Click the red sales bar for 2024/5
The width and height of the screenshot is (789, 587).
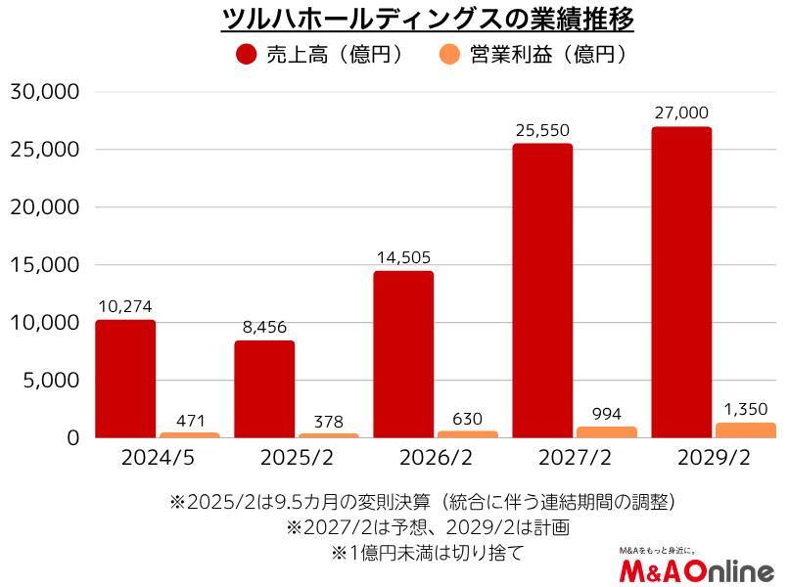tap(125, 379)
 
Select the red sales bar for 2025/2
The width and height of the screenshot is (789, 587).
tap(264, 388)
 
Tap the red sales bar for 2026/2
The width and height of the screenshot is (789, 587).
tap(403, 354)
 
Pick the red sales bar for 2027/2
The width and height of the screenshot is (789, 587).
tap(542, 291)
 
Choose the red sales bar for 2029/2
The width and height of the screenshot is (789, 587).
tap(681, 282)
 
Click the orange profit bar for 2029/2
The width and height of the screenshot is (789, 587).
tap(747, 430)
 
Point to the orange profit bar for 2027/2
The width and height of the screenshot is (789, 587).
tap(607, 432)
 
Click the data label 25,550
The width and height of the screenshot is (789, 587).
tap(542, 130)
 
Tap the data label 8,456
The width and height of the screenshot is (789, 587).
tap(264, 327)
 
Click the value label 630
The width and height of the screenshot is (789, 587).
tap(468, 418)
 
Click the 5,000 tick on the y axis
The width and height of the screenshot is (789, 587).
tap(50, 381)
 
